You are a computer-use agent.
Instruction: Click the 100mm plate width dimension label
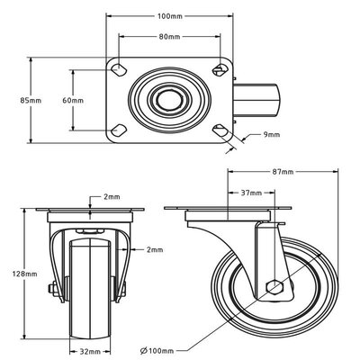pos(170,16)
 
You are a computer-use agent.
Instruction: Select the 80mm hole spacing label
pos(169,37)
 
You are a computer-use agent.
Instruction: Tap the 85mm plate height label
pos(31,100)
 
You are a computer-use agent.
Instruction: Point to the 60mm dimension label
pos(73,100)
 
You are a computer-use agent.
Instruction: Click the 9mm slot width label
pos(272,134)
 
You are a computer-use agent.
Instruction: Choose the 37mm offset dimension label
pos(251,193)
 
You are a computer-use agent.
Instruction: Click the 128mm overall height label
pos(24,274)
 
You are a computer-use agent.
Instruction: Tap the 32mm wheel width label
pos(90,351)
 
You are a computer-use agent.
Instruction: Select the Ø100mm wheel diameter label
pos(157,350)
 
